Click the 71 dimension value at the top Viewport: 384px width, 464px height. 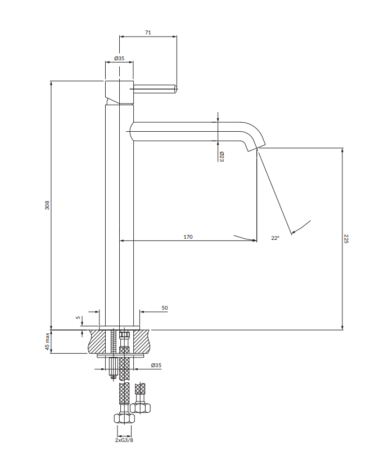click(x=148, y=32)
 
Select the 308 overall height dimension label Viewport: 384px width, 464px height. click(x=47, y=206)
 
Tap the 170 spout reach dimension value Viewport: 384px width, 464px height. click(x=188, y=237)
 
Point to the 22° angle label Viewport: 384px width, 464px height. click(x=275, y=238)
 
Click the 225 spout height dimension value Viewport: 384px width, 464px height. click(x=346, y=239)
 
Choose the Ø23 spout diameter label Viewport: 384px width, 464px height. click(x=222, y=157)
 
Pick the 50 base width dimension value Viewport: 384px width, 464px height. click(x=165, y=308)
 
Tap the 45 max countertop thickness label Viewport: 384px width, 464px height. click(x=47, y=341)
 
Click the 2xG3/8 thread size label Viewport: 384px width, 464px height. click(x=124, y=440)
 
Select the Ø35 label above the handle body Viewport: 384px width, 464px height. click(x=119, y=59)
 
